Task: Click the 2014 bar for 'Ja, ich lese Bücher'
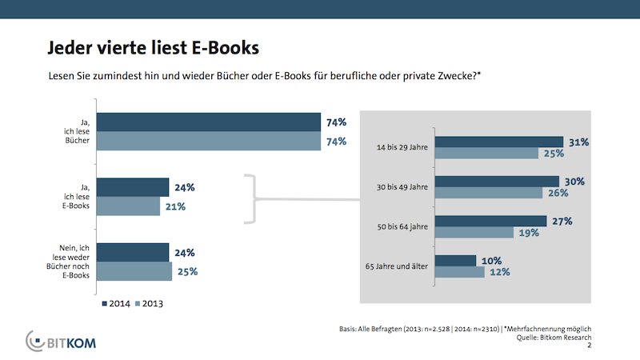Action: [x=208, y=122]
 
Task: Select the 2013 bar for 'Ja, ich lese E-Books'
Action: [x=128, y=206]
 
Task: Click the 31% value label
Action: [x=578, y=142]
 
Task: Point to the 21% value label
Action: [x=175, y=206]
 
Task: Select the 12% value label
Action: [x=500, y=273]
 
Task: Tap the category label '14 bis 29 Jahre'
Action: [x=401, y=147]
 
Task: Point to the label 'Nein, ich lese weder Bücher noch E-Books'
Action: [x=69, y=261]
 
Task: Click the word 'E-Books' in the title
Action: [x=226, y=48]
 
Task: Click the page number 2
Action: [x=590, y=346]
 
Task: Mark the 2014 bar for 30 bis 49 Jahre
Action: [x=496, y=181]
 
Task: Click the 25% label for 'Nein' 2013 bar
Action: [x=187, y=271]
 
